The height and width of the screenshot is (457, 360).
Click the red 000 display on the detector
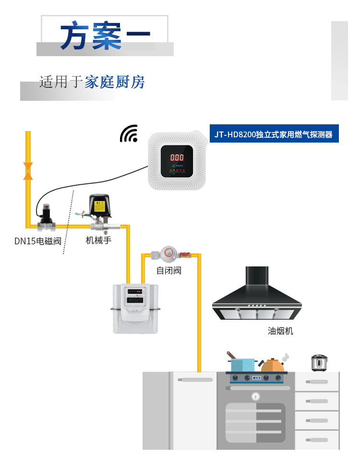coord(177,157)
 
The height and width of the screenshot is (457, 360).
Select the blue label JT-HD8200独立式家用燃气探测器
coord(274,134)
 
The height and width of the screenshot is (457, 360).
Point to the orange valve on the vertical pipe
coord(28,171)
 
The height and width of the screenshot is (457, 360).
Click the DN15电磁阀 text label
coord(38,241)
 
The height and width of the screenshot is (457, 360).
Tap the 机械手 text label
coord(98,240)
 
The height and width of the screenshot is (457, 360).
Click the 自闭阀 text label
coord(169,270)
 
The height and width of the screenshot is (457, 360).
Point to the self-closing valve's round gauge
coord(168,253)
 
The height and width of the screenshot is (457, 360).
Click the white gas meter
coord(135,308)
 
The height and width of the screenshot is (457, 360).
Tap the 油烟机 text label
coord(280,331)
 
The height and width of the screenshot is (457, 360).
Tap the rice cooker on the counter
coord(319,363)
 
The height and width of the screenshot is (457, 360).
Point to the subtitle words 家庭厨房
coord(115,82)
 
